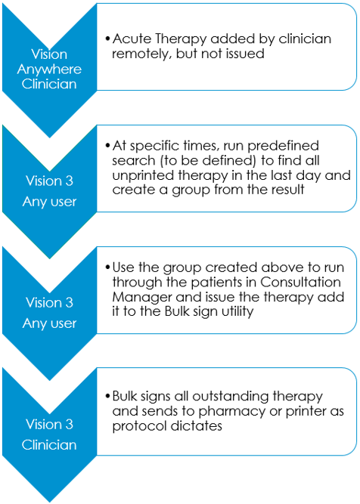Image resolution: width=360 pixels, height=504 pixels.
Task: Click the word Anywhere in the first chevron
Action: [49, 70]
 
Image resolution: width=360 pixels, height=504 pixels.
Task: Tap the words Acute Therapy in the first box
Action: [160, 39]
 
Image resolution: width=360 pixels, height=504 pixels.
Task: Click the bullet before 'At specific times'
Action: [108, 146]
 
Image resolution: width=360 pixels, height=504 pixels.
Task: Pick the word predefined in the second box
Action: [283, 146]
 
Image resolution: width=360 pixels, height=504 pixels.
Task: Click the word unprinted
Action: [143, 176]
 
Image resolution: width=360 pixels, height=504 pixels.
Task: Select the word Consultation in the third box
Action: [300, 282]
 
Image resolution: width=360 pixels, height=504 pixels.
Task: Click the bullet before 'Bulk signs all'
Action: [108, 396]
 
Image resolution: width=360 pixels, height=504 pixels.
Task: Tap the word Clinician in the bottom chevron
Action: [49, 445]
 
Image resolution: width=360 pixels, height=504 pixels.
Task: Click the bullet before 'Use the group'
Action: [108, 267]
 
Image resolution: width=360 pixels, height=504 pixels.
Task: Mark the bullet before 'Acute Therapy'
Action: [108, 39]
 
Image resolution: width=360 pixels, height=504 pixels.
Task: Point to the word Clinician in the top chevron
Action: [49, 84]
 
